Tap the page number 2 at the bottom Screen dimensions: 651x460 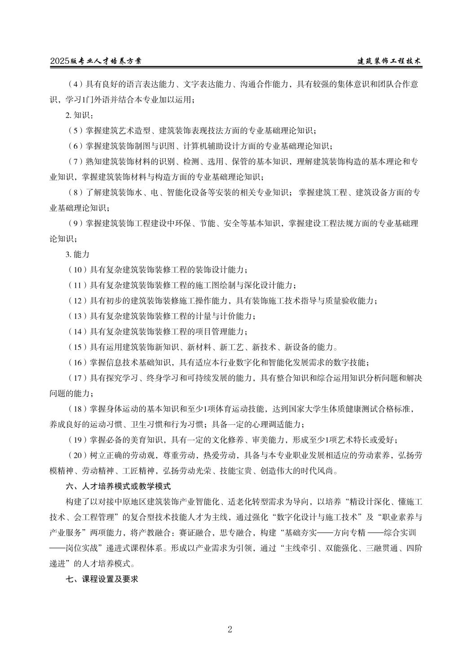[230, 629]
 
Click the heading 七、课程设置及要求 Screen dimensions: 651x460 [102, 579]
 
